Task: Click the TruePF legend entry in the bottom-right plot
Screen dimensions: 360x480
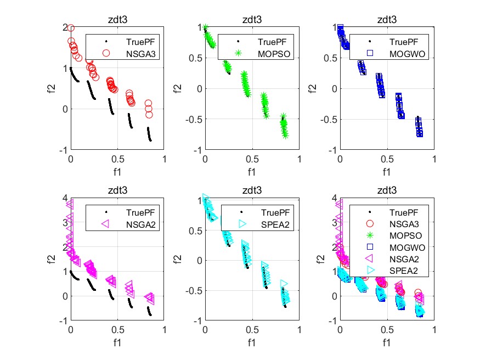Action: point(400,212)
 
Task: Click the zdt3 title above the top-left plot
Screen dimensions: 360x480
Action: point(117,20)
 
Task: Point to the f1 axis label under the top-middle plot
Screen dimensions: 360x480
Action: point(252,172)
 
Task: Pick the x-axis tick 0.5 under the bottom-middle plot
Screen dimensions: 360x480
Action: point(252,331)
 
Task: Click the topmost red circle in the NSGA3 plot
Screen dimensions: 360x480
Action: point(71,28)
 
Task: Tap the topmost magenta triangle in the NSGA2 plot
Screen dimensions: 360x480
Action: point(70,204)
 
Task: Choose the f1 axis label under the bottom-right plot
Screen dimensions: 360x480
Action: point(387,343)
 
